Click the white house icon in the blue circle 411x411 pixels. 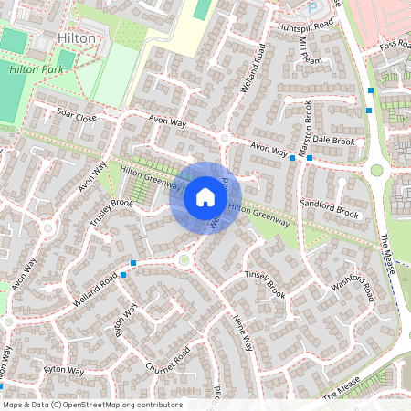tap(205, 196)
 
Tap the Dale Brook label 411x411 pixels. tap(335, 142)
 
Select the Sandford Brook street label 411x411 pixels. tap(330, 211)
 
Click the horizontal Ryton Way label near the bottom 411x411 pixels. tap(63, 371)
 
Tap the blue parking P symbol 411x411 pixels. tap(311, 7)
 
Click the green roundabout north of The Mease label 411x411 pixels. tap(375, 171)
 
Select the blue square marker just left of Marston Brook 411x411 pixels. tap(292, 158)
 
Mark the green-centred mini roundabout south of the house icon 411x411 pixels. tap(184, 260)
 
